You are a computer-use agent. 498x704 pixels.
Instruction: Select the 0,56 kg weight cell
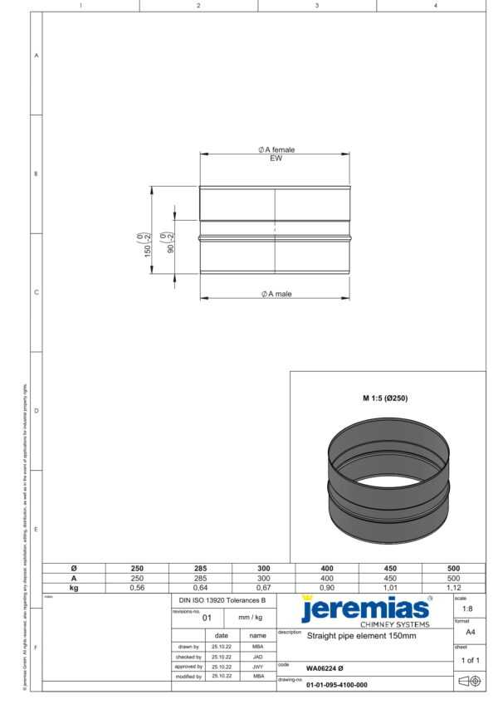tap(137, 588)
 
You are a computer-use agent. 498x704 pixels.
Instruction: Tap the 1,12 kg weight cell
tap(453, 588)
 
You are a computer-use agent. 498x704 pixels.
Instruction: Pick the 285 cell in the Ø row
tap(200, 569)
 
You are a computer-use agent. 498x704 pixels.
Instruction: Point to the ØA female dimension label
tap(276, 149)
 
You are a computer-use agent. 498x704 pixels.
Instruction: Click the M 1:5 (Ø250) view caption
tap(384, 398)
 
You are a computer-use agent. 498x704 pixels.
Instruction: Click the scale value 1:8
tap(468, 609)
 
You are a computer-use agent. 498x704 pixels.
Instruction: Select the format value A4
tap(469, 632)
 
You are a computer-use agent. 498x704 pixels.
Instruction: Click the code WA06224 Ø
tap(325, 667)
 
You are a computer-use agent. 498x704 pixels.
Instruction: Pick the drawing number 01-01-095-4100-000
tap(336, 685)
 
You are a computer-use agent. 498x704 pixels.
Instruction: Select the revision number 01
tap(207, 618)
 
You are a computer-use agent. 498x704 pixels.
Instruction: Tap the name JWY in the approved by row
tap(257, 666)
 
